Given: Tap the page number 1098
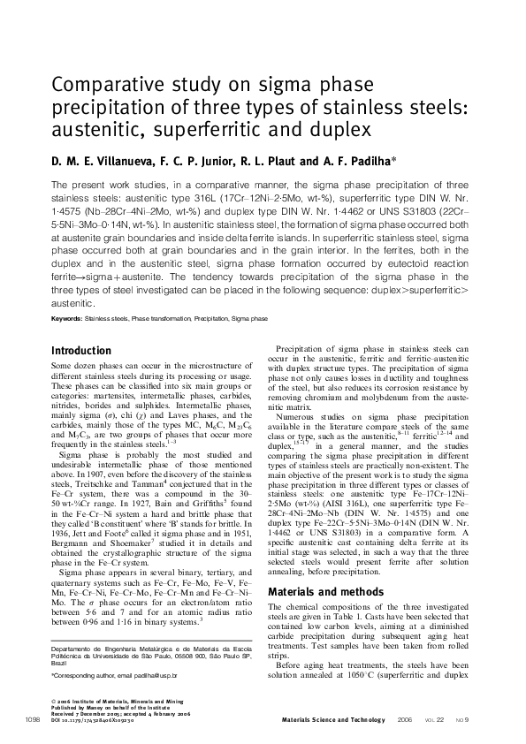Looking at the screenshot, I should tap(26, 722).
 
